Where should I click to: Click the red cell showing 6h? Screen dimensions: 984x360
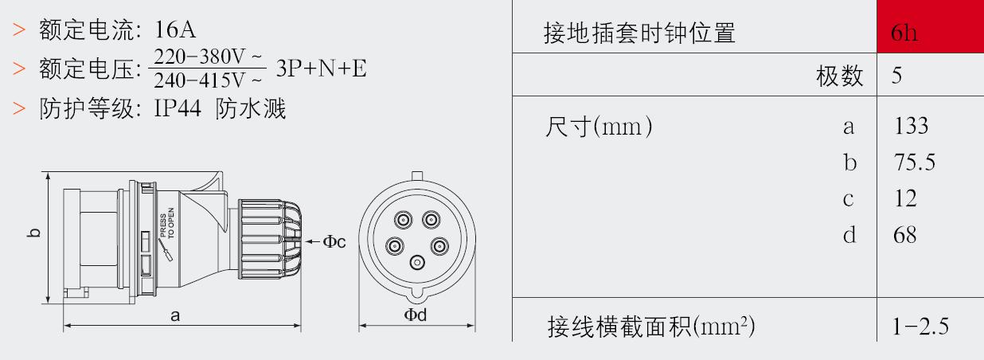[x=930, y=26]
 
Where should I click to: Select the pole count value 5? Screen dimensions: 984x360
[x=896, y=75]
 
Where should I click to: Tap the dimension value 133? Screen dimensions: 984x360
[x=911, y=126]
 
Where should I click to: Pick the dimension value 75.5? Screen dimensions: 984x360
[x=915, y=162]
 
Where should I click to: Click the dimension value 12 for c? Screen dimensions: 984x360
[x=906, y=198]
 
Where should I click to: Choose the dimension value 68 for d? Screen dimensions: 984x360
[x=905, y=235]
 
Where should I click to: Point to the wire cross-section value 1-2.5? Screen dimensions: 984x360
[x=920, y=327]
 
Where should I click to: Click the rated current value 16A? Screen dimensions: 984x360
[x=175, y=29]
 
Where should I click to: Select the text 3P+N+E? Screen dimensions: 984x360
[x=321, y=68]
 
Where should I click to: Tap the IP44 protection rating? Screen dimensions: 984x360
[x=178, y=108]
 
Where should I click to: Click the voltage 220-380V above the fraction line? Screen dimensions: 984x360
[x=208, y=57]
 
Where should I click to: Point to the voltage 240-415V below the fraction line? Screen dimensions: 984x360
[x=208, y=80]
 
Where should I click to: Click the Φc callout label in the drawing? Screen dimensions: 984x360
[x=334, y=241]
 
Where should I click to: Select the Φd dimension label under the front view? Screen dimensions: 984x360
[x=415, y=315]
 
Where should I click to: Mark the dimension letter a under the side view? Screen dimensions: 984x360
[x=175, y=315]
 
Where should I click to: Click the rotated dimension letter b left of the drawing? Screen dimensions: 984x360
[x=33, y=233]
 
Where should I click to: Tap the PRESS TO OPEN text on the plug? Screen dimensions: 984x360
[x=167, y=223]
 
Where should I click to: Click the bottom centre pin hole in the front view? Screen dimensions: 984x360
[x=417, y=263]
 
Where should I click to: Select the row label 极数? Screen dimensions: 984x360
[x=839, y=76]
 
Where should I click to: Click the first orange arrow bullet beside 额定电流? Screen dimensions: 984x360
[x=19, y=29]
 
